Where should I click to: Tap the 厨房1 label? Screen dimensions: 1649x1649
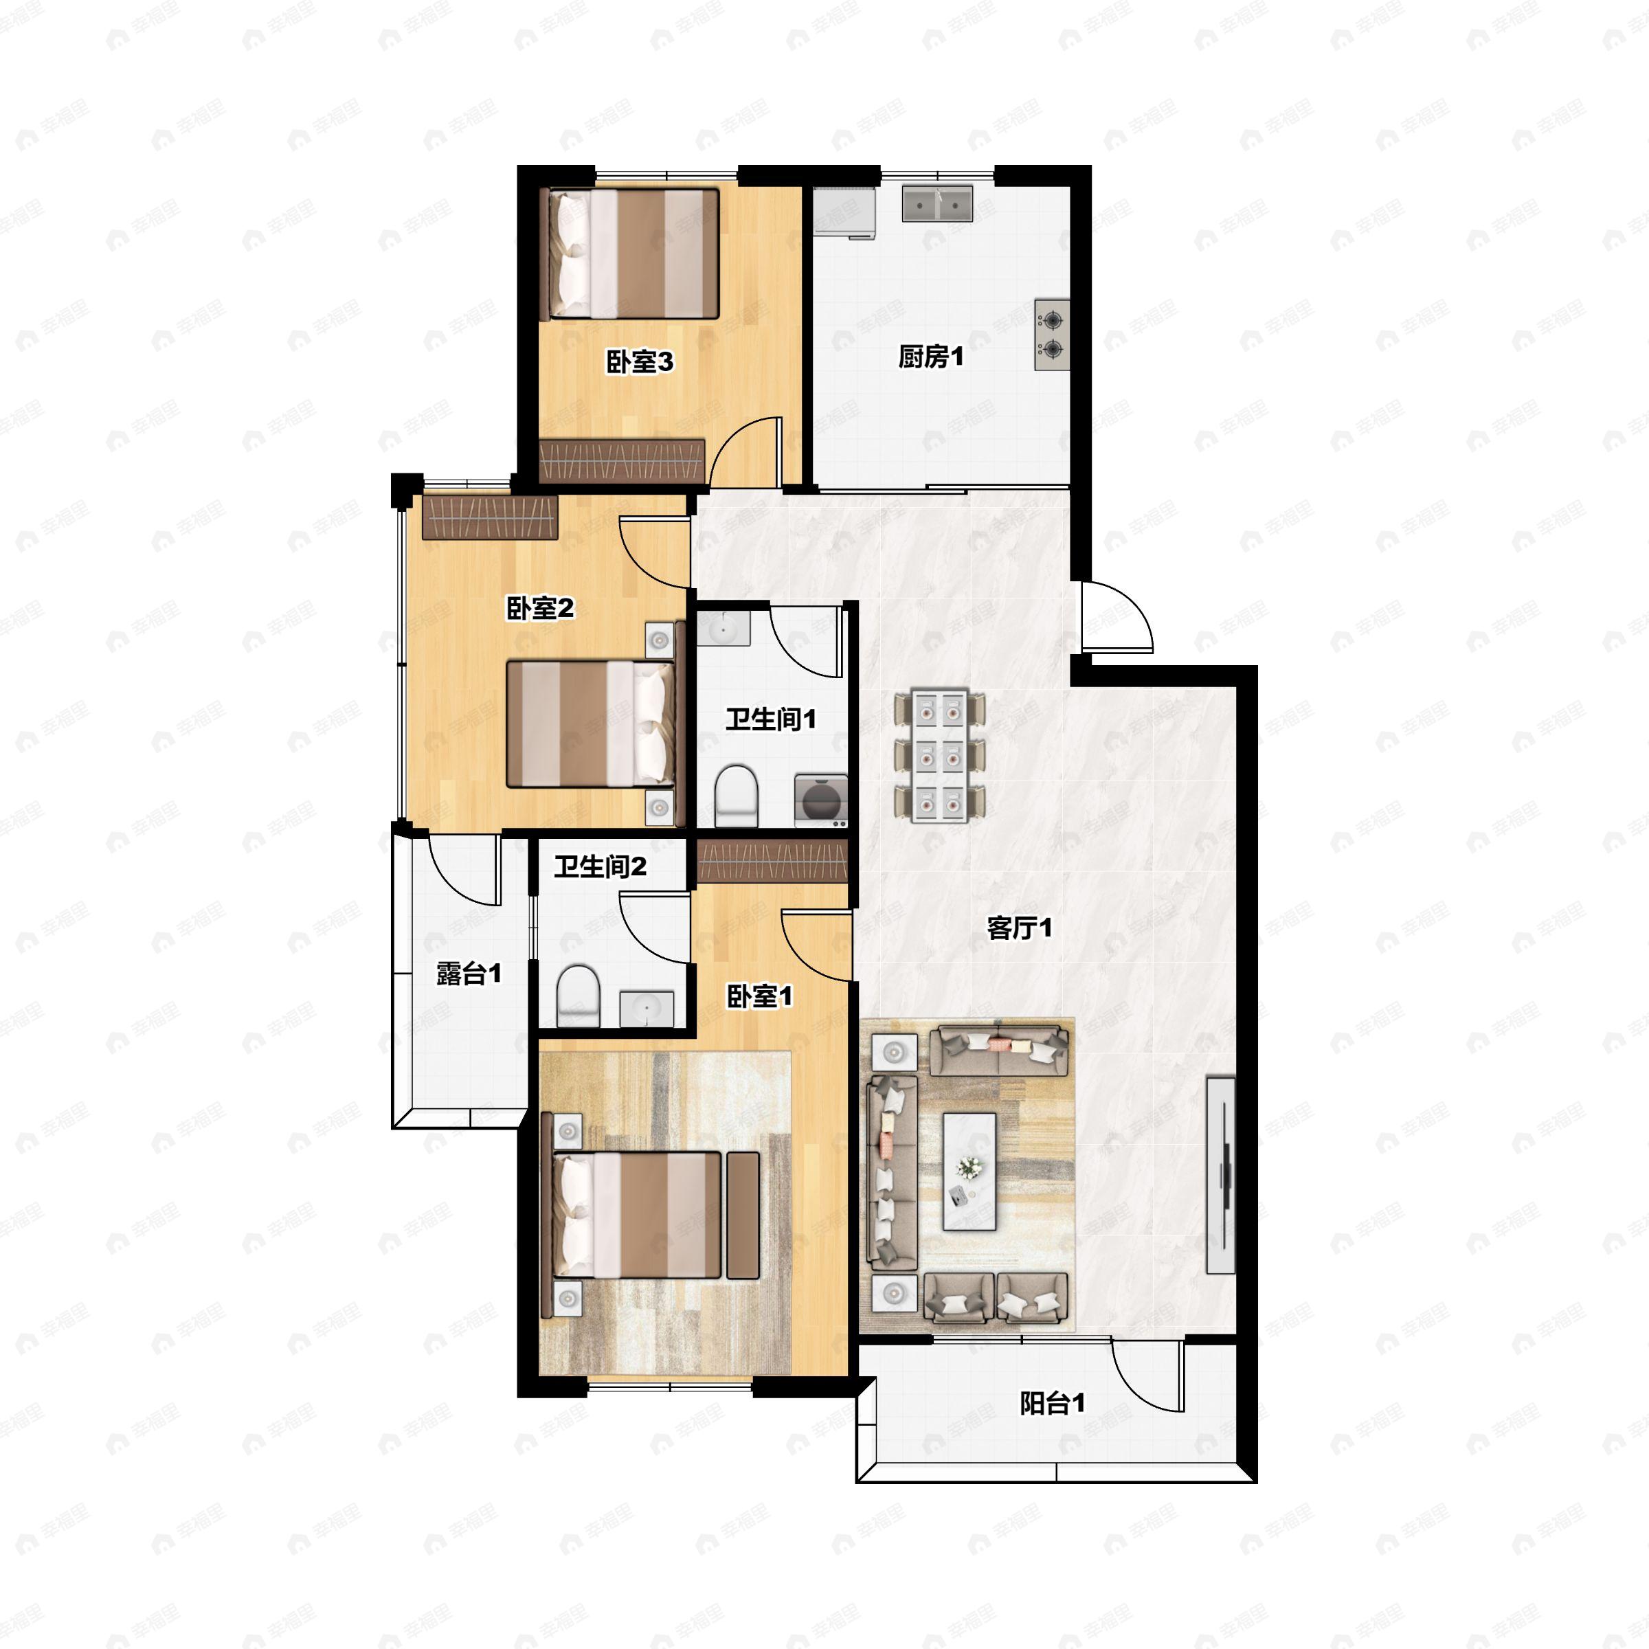point(930,356)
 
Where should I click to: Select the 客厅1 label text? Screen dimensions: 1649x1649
point(1019,928)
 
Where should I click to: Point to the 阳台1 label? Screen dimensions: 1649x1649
point(1053,1402)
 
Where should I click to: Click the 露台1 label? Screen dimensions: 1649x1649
point(469,973)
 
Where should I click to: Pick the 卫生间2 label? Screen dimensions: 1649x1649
point(600,867)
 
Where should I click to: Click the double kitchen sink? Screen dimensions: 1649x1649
point(938,204)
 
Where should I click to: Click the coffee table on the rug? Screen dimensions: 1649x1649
point(969,1170)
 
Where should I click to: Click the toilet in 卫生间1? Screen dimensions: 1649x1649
point(736,796)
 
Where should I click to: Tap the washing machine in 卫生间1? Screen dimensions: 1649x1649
point(821,800)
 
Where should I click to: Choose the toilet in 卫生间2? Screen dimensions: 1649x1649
point(579,997)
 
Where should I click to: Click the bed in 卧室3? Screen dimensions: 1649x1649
point(631,254)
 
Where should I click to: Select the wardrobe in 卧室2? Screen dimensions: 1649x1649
point(490,518)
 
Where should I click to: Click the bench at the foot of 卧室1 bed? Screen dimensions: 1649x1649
point(743,1215)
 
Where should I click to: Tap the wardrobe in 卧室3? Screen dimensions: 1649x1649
point(623,461)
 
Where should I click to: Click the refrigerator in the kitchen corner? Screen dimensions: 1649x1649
point(844,211)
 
